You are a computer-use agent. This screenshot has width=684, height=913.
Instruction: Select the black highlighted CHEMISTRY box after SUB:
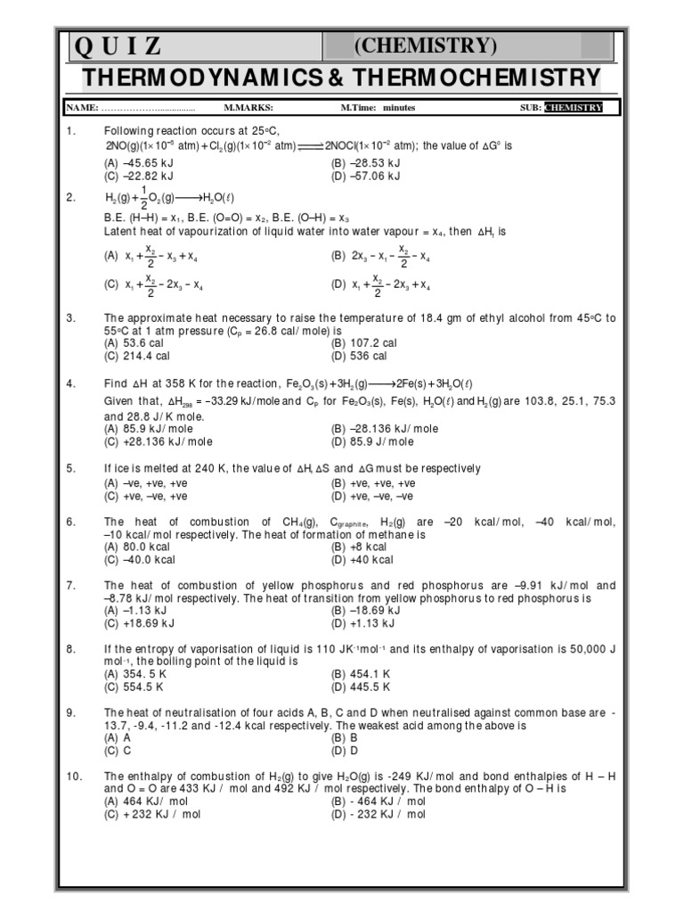(x=574, y=108)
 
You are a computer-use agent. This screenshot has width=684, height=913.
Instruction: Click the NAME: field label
(x=81, y=108)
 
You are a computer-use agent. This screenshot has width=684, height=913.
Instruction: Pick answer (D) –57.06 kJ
(x=365, y=176)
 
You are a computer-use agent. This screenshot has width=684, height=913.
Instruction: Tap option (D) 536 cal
(x=359, y=356)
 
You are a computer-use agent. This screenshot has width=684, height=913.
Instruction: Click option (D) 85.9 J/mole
(x=372, y=440)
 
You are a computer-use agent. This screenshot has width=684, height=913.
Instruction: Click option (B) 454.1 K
(x=360, y=674)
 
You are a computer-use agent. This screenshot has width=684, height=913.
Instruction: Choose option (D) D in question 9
(x=344, y=751)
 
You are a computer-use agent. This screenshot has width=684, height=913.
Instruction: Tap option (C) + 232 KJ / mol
(x=152, y=814)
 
